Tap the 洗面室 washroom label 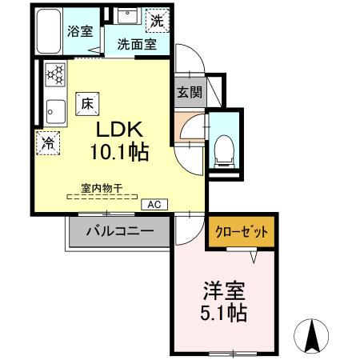click(x=138, y=45)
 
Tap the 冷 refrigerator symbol click(x=49, y=145)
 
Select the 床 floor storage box click(x=86, y=102)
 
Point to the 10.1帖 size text click(x=122, y=152)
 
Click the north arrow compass click(x=314, y=331)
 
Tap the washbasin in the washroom click(x=126, y=16)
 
